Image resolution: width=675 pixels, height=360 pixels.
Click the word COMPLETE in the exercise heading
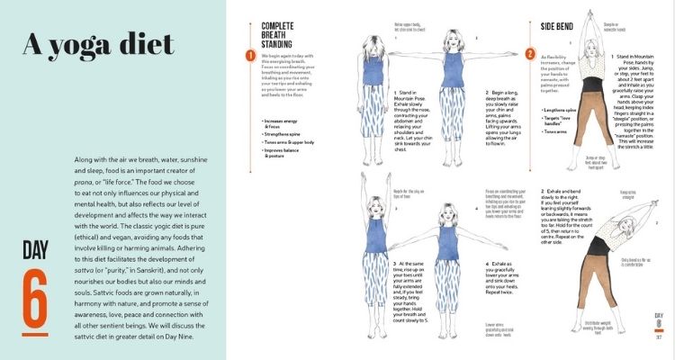click(x=279, y=26)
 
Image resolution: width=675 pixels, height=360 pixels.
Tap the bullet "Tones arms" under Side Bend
click(x=557, y=131)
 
